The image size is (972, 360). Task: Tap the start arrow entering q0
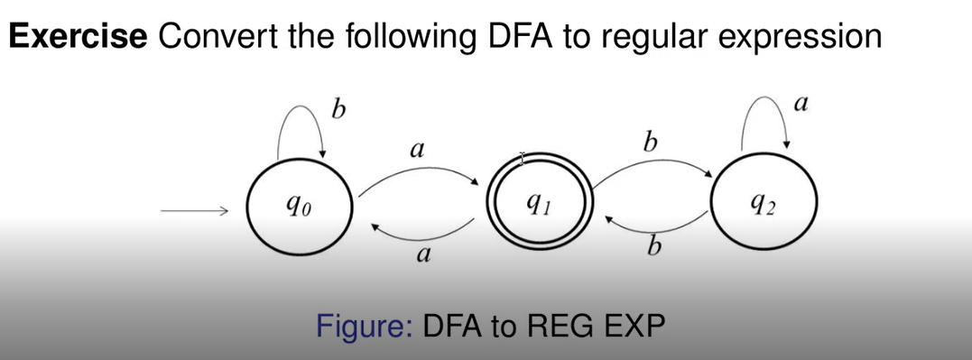click(193, 213)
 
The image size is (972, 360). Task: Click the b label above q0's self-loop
click(338, 111)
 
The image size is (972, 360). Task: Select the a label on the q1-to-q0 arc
click(420, 256)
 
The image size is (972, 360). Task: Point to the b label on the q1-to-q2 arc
click(648, 142)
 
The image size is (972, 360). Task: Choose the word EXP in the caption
click(633, 323)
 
